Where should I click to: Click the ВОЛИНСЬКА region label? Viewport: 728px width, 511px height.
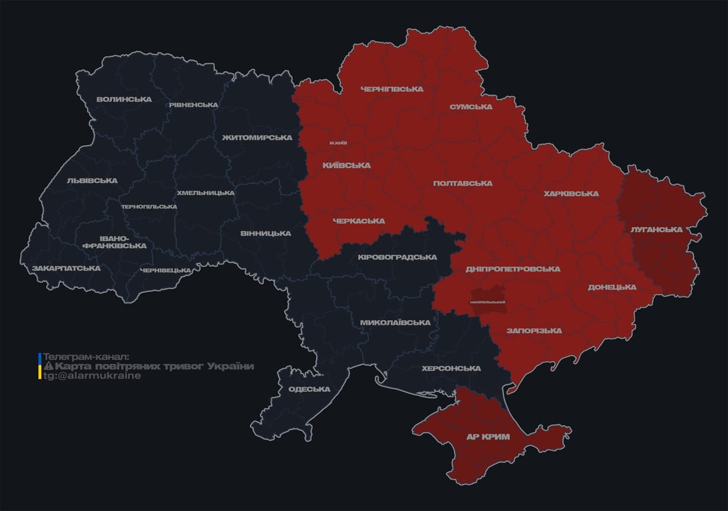(124, 100)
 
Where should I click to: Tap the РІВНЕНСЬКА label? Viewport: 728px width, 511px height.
(193, 105)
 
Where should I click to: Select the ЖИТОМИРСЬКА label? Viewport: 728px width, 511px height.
(257, 138)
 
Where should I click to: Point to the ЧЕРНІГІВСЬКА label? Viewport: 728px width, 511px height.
(391, 89)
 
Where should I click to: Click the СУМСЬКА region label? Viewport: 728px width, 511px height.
(470, 107)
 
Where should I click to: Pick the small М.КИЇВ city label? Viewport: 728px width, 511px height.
(337, 143)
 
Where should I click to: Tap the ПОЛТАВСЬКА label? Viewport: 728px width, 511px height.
(462, 184)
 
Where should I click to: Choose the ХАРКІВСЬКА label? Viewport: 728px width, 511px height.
(571, 194)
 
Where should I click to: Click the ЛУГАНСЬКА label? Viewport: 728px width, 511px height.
(656, 230)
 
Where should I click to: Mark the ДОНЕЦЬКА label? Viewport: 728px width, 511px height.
(612, 287)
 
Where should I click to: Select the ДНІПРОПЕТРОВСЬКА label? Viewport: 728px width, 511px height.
(512, 269)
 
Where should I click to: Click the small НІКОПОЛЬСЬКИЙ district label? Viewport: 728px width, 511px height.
(487, 302)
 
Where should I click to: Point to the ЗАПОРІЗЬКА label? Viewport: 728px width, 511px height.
(534, 331)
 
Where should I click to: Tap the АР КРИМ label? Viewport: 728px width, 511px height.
(488, 437)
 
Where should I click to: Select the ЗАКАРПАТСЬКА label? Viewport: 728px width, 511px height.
(66, 269)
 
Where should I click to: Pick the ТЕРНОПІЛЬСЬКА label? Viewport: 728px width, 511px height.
(149, 207)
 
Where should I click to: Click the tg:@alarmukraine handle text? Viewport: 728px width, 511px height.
(92, 376)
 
